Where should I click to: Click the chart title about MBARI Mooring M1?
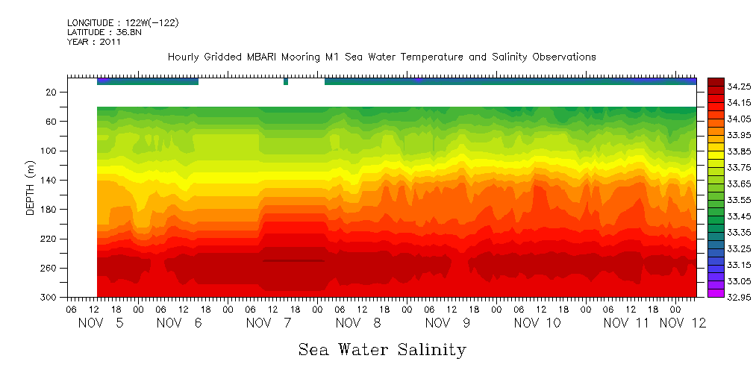click(381, 57)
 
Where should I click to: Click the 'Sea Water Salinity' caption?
click(382, 350)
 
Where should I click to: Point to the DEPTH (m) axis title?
click(31, 187)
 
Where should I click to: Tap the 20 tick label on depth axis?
click(52, 93)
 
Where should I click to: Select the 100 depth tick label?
click(50, 151)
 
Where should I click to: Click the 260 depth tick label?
click(50, 268)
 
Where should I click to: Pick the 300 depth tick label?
click(50, 297)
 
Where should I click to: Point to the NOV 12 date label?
click(687, 324)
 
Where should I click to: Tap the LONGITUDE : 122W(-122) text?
click(122, 23)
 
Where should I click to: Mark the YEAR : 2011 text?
click(94, 43)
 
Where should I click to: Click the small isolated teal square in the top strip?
click(286, 81)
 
